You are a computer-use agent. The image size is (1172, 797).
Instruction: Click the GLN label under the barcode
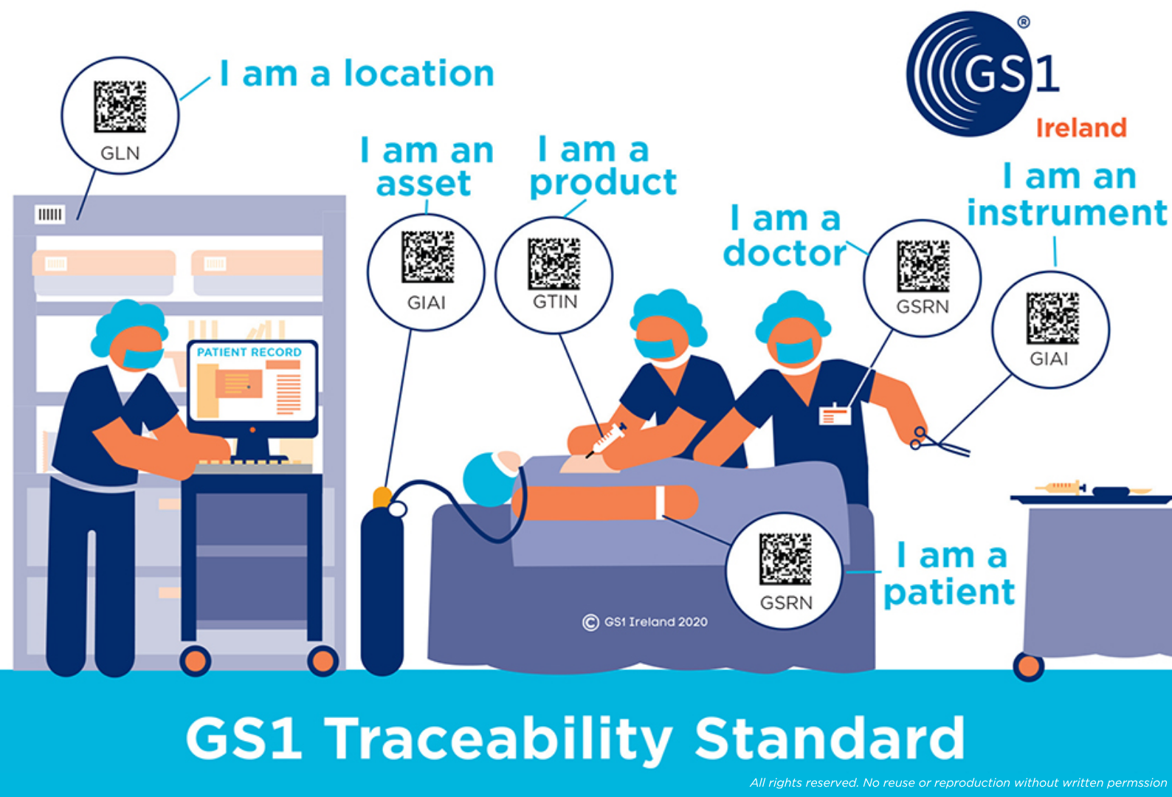pos(120,153)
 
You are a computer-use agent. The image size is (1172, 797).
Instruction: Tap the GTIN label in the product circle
pos(555,301)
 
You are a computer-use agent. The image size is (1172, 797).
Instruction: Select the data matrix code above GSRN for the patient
pos(785,559)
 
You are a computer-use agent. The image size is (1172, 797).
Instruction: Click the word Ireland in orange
pos(1081,128)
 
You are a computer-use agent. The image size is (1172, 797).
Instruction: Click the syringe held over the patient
pos(607,440)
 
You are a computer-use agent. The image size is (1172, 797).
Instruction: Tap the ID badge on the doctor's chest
pos(835,415)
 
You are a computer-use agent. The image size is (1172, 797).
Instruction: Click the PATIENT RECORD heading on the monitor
pos(249,352)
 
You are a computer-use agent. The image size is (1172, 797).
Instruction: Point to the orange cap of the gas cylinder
pos(382,497)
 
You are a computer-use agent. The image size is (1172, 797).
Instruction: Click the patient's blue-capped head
pos(491,478)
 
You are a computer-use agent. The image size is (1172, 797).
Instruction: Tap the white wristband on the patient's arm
pos(661,503)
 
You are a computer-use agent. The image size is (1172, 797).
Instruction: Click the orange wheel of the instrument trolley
pos(1028,666)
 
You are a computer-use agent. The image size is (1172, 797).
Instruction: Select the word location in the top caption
pos(418,73)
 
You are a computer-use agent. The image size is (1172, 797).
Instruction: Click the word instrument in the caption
pos(1066,213)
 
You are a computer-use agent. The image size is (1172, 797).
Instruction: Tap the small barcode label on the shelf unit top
pos(49,214)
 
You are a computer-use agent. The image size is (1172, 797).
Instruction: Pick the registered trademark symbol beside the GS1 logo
pos(1024,22)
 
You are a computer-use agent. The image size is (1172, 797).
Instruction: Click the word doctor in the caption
pos(785,253)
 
